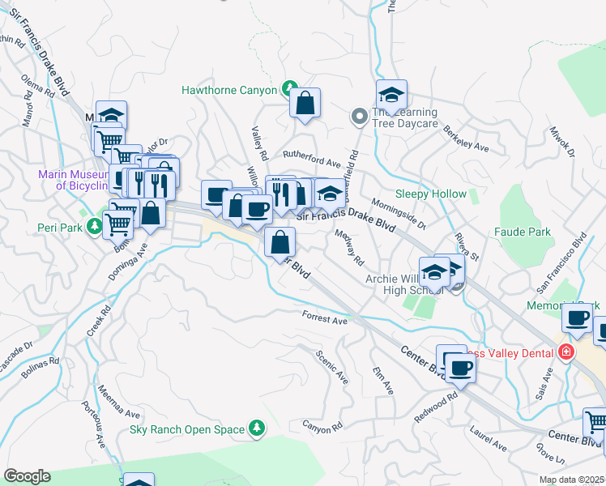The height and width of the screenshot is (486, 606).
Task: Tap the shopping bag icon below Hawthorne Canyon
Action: pos(305,104)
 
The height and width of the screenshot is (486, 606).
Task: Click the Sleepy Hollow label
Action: pos(430,194)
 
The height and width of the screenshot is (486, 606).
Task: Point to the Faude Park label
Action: pos(522,232)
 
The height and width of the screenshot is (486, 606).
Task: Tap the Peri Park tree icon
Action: pos(97,228)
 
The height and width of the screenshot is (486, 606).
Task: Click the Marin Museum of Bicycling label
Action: pos(72,180)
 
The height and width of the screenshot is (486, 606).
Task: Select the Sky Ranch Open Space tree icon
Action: pos(257,428)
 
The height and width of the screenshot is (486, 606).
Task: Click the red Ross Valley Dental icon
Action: pos(565,352)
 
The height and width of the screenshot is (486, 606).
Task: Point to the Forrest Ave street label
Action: pos(324,318)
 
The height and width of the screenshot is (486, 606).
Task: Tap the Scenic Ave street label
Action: pos(332,367)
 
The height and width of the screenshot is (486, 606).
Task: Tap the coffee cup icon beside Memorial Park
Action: pos(577,318)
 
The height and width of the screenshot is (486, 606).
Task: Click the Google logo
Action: pos(27,476)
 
